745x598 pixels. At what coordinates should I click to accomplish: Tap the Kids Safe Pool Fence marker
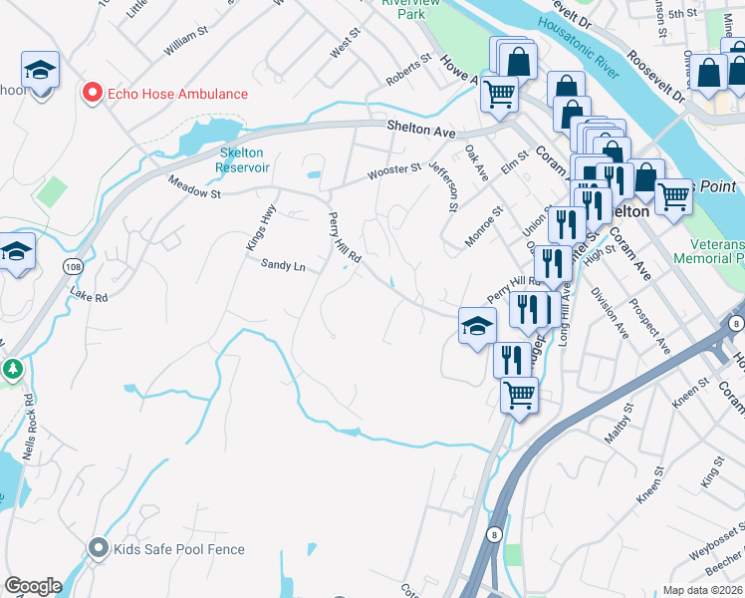point(98,548)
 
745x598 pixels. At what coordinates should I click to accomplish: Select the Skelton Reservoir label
point(243,159)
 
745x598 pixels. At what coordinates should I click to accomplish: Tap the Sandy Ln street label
point(283,266)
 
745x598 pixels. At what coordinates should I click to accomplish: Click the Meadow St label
point(194,186)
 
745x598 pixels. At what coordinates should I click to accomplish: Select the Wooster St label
point(394,170)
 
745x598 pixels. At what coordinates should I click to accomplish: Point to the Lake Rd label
point(89,296)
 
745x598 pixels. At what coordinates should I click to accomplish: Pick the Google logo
point(33,586)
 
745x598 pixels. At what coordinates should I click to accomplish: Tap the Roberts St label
point(409,66)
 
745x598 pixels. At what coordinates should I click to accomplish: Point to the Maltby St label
point(619,423)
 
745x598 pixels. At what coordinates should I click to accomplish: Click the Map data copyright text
point(703,590)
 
